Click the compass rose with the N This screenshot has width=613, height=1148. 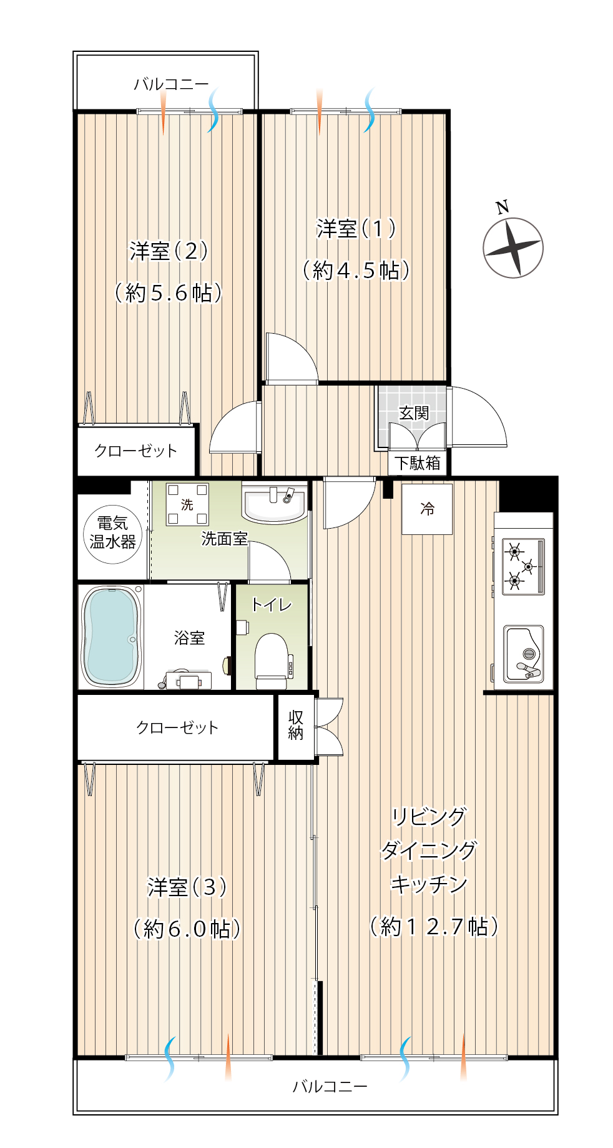513,247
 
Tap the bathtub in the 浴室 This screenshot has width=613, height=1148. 111,636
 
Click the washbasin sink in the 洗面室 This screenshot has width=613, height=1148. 275,503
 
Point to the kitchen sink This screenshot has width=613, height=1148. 524,654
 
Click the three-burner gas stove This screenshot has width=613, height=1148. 523,566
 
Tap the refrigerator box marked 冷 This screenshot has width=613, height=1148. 427,509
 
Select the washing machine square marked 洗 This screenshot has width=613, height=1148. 187,504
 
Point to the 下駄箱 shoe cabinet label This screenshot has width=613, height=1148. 417,463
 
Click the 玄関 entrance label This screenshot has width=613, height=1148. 414,413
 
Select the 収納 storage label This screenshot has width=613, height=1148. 296,726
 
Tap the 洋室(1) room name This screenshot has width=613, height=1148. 356,229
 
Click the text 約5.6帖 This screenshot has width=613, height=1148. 169,292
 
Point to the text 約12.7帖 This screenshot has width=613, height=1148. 434,926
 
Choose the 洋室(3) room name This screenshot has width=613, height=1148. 187,887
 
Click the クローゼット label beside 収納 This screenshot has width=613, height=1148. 177,727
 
